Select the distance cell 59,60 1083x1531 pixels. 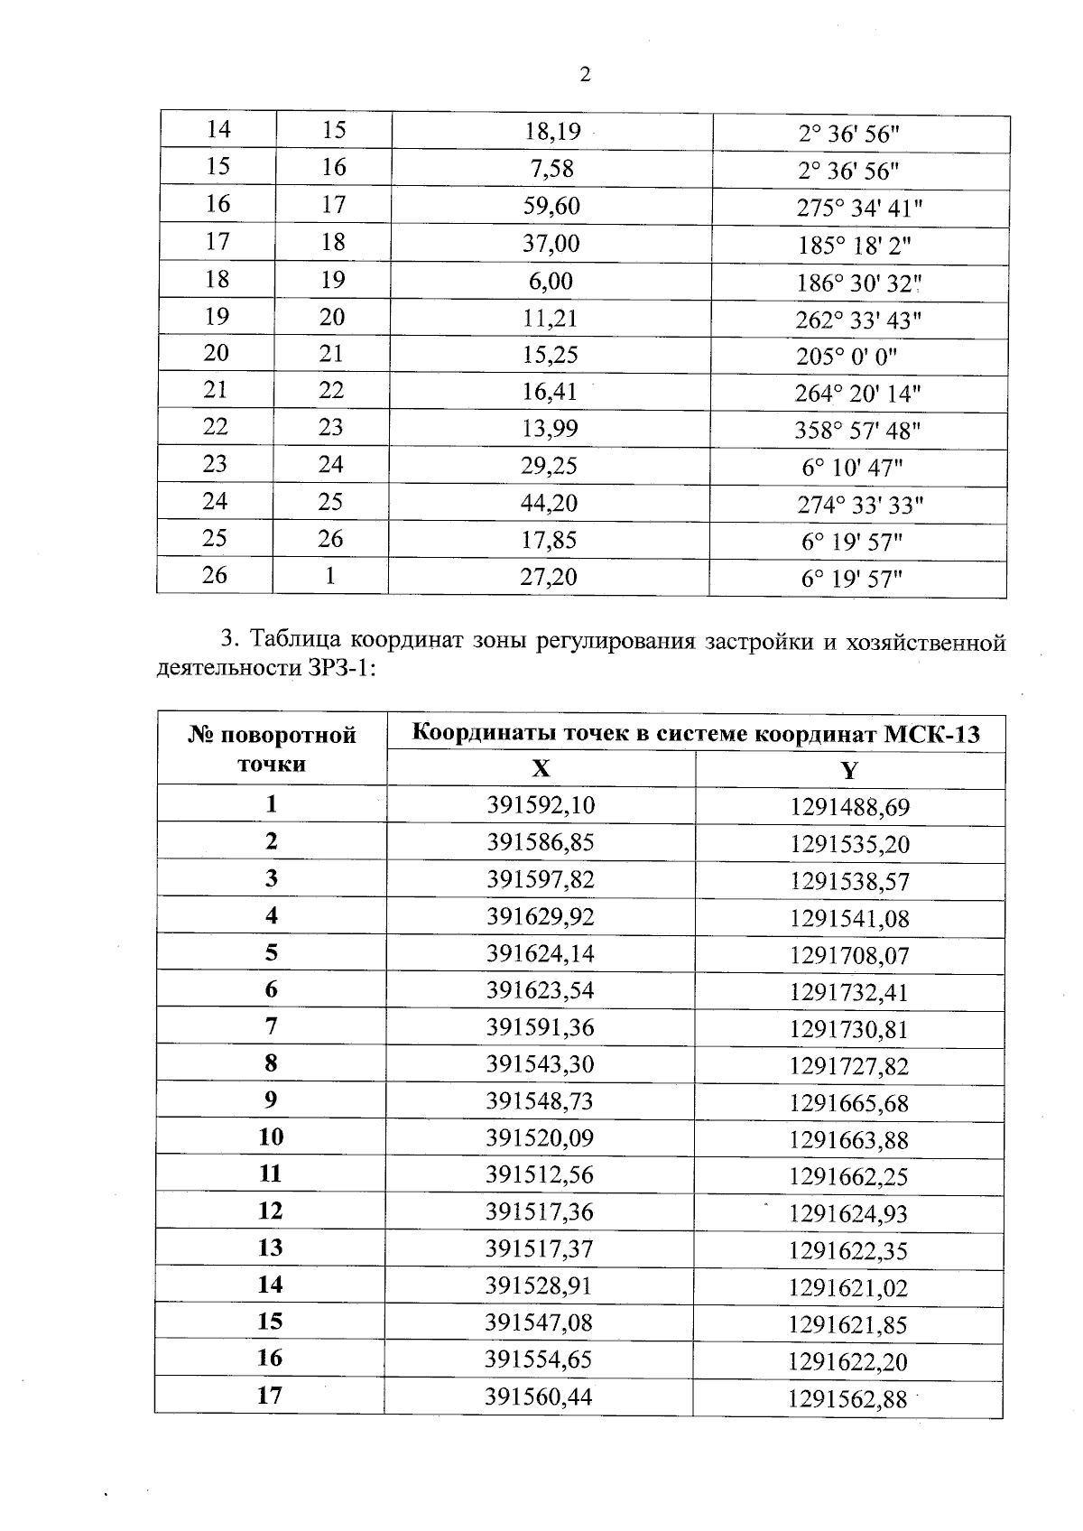click(x=551, y=207)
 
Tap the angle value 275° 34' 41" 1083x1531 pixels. click(x=858, y=209)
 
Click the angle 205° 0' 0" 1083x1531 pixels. click(x=846, y=357)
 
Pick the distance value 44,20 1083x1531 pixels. click(x=550, y=503)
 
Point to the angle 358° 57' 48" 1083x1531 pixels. click(x=856, y=431)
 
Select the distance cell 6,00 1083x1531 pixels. click(x=551, y=281)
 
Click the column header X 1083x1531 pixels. click(x=540, y=769)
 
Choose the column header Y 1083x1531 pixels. click(x=848, y=770)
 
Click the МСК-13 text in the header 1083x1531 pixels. click(x=930, y=732)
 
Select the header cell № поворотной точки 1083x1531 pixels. click(x=272, y=749)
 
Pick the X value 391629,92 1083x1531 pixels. click(x=541, y=917)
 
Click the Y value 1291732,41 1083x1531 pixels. click(x=848, y=993)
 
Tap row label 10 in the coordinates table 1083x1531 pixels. click(x=271, y=1137)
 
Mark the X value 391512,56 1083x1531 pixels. click(x=540, y=1175)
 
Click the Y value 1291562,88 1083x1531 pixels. click(x=847, y=1400)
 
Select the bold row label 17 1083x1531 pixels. click(x=270, y=1396)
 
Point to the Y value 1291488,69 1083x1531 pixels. click(x=849, y=806)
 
